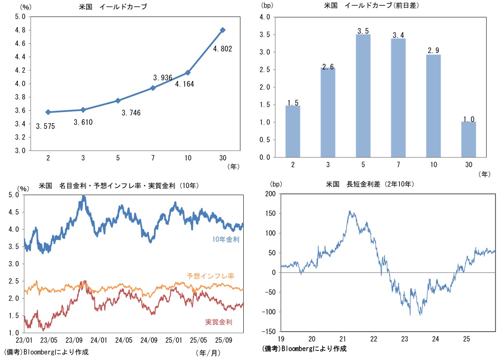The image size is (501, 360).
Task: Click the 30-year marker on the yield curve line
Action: tap(223, 30)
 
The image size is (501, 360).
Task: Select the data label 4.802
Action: tap(222, 49)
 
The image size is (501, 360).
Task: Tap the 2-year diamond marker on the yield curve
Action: tap(48, 112)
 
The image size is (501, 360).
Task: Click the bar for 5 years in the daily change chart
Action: tap(363, 96)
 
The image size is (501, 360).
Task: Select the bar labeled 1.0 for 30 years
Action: tap(468, 139)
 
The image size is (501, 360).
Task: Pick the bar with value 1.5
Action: tap(293, 131)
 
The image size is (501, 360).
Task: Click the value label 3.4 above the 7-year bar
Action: tap(398, 36)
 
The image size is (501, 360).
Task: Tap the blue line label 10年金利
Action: tap(226, 239)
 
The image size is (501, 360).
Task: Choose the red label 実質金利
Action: tap(218, 322)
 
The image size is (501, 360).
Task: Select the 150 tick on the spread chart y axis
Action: tap(271, 213)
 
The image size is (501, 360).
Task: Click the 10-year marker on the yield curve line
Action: tap(188, 73)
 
